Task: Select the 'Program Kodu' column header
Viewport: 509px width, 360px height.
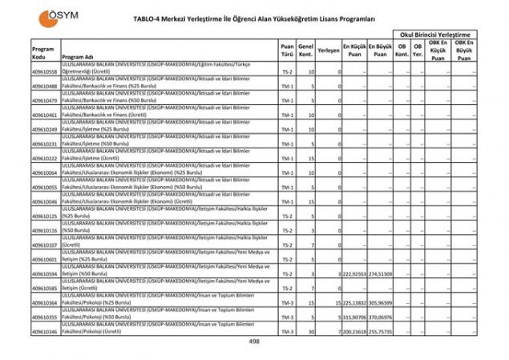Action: (x=43, y=53)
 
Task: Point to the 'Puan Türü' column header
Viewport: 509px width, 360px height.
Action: (x=287, y=51)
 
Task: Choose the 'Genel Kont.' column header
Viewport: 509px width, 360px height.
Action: (x=305, y=51)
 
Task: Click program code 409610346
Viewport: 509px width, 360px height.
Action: (x=45, y=331)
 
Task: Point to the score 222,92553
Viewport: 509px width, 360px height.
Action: (x=354, y=274)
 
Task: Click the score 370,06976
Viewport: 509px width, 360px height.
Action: (x=381, y=318)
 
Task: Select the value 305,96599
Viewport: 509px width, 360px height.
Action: (x=381, y=303)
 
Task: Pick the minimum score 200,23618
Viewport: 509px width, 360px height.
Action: (x=354, y=332)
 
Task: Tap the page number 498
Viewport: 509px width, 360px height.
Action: (x=255, y=342)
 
